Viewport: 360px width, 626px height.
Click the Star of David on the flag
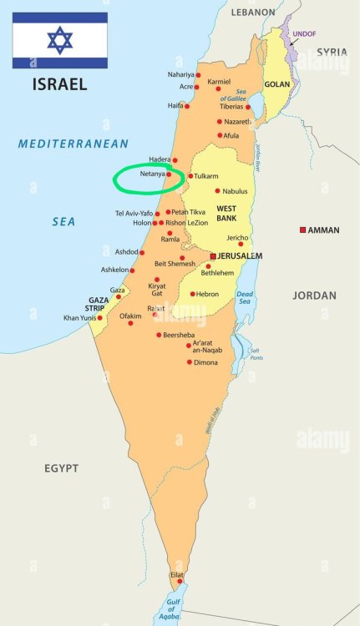click(59, 40)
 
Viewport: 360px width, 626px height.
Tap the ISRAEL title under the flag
click(59, 83)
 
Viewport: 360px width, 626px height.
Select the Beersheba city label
click(180, 335)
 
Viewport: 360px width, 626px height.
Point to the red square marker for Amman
click(303, 230)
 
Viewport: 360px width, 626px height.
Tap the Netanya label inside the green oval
click(152, 174)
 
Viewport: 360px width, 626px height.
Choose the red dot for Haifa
click(187, 106)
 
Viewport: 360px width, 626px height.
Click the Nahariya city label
click(180, 74)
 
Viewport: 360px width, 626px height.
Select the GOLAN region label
click(276, 84)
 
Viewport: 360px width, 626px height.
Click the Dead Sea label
click(245, 298)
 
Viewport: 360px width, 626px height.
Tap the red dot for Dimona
click(189, 362)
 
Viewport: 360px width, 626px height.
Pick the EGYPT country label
click(62, 468)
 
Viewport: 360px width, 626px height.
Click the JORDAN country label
click(315, 295)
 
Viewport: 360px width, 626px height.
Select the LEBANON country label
click(253, 13)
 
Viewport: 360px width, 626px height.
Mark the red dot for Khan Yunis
click(99, 317)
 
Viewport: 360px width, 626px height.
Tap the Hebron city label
click(207, 294)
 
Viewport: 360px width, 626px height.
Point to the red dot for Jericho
click(241, 245)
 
